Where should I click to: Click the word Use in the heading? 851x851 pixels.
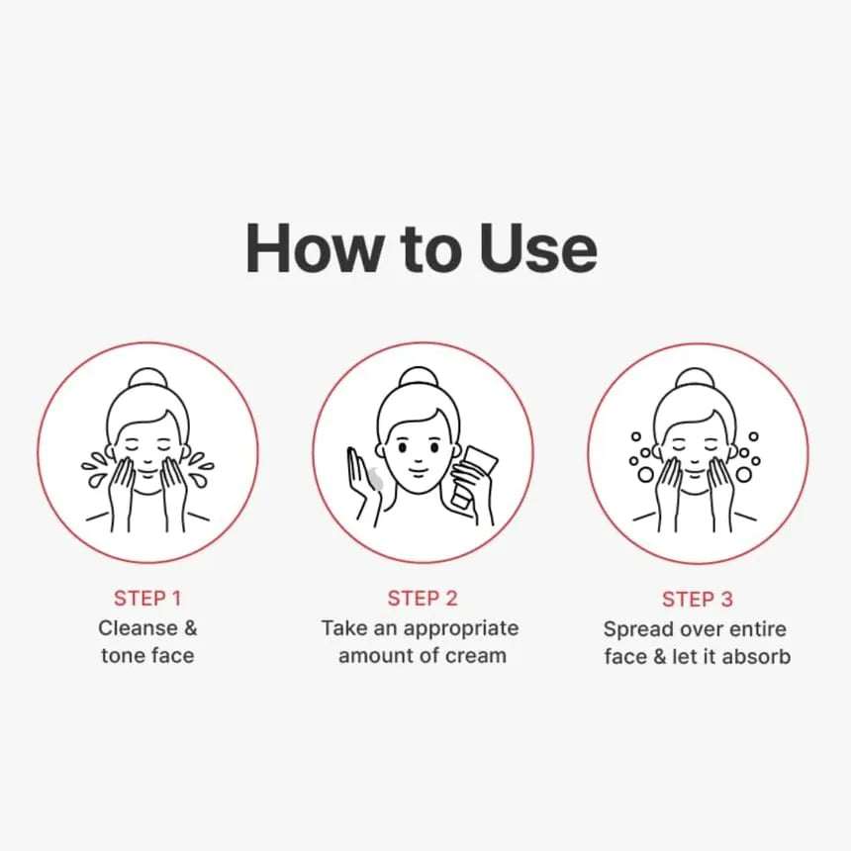point(538,248)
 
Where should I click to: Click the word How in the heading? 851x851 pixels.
point(315,247)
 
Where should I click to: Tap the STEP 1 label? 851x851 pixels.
point(147,598)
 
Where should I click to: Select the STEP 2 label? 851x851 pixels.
point(423,598)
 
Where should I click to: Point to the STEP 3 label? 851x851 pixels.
point(698,600)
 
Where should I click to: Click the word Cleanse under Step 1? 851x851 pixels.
point(138,628)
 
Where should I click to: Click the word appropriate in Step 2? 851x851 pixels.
point(461,629)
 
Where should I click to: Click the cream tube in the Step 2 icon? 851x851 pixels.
point(471,477)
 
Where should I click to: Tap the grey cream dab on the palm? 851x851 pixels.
point(374,478)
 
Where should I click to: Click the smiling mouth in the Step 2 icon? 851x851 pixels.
point(418,472)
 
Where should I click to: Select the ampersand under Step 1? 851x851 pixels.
point(191,628)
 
